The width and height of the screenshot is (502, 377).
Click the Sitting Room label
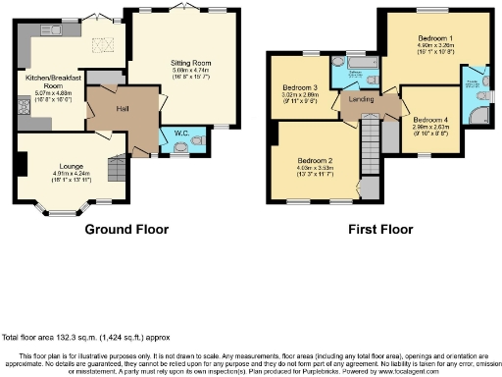coord(177,60)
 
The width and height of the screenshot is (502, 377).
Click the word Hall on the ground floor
coord(124,108)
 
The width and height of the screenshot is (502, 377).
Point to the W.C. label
coord(181,132)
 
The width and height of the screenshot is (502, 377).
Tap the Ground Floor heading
coord(125,230)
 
